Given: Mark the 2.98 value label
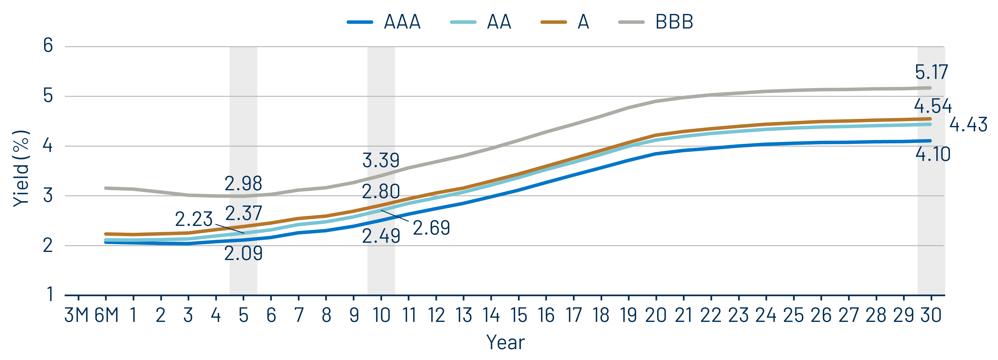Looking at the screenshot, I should [x=243, y=184].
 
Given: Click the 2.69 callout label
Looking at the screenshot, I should [x=431, y=228].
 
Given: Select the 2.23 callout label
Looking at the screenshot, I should [x=194, y=219].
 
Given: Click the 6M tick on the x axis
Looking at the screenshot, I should [x=106, y=315].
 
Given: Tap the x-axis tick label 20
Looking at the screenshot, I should [x=656, y=315].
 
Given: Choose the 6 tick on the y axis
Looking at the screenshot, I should [x=48, y=46].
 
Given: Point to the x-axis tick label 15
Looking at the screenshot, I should [x=518, y=315].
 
